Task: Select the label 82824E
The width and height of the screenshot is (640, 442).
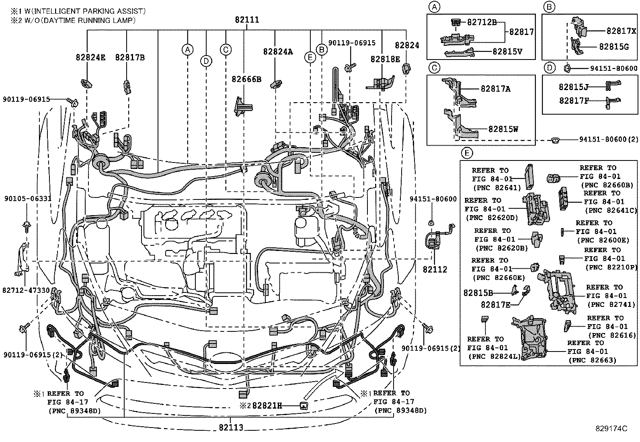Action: point(90,58)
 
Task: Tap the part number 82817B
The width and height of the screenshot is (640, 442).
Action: point(130,58)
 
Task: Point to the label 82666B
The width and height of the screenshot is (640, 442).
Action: point(246,79)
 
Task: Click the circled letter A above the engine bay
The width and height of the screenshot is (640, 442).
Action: point(187,49)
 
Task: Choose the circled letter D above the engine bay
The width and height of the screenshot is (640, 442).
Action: point(206,61)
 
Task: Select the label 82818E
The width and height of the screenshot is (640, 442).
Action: point(385,59)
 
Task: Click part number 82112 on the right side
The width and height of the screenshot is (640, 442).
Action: point(435,270)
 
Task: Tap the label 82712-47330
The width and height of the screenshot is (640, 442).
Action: point(26,290)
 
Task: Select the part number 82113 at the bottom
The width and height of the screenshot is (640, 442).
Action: point(231,428)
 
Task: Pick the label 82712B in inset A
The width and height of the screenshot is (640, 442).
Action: point(482,22)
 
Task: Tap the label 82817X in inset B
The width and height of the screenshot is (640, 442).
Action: point(621,31)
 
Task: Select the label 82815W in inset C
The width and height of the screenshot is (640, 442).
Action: point(503,129)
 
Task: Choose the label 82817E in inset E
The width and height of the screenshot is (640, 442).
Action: point(495,304)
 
